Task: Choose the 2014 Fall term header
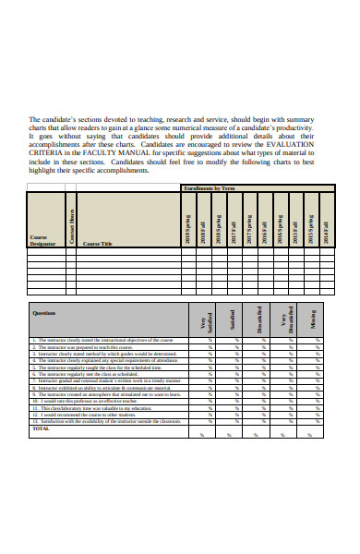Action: click(324, 226)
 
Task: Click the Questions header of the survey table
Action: click(44, 312)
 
